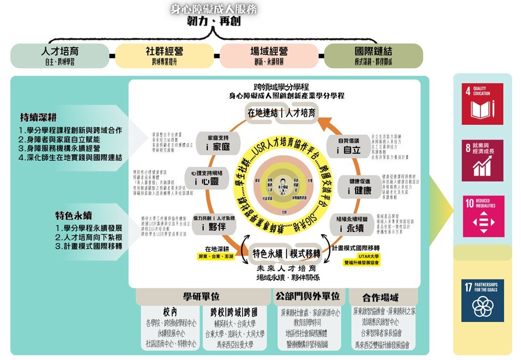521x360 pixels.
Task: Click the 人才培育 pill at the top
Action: click(x=59, y=56)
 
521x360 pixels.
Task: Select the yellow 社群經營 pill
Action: click(x=164, y=56)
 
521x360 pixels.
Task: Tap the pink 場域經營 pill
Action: click(x=269, y=56)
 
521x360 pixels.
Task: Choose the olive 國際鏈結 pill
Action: click(x=373, y=56)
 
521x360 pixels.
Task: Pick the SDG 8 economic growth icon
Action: click(x=482, y=160)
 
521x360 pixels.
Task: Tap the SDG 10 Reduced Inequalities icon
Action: click(x=482, y=216)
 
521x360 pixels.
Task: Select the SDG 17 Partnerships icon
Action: click(x=482, y=300)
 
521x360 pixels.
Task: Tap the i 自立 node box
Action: click(x=349, y=146)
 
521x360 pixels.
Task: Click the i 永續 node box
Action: click(x=353, y=224)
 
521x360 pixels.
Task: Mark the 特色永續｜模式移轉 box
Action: click(x=286, y=253)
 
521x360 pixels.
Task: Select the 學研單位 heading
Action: click(x=201, y=296)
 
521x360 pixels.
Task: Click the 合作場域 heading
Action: click(x=380, y=297)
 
